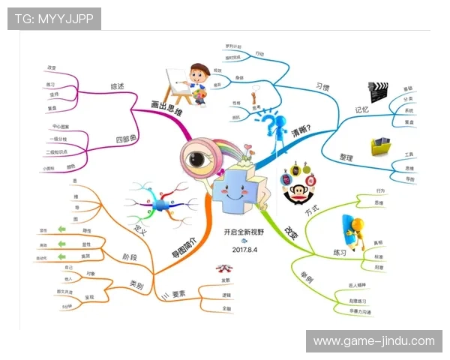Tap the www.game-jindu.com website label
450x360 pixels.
[373, 341]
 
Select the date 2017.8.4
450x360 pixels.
[245, 249]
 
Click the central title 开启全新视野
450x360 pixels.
[245, 232]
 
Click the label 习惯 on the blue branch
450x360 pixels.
[323, 87]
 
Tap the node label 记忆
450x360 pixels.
[362, 110]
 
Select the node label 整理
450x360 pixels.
[346, 157]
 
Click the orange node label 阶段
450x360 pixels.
[130, 256]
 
